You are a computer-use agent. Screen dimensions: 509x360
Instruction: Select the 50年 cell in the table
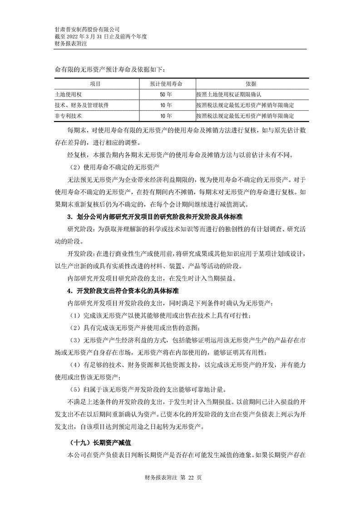click(x=166, y=95)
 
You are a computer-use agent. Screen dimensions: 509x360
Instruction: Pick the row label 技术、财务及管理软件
click(x=81, y=105)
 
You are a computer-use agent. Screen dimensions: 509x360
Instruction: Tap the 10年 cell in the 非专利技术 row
click(x=166, y=116)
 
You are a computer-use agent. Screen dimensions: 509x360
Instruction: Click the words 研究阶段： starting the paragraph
click(x=82, y=228)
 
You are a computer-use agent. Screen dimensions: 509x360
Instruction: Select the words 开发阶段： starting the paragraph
click(x=82, y=253)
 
